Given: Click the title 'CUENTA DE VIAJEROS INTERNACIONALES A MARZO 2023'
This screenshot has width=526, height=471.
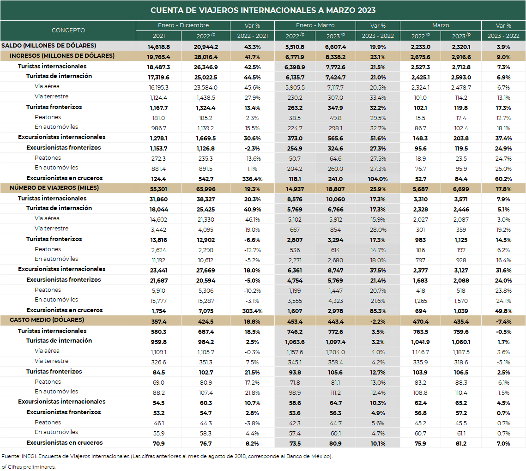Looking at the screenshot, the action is pyautogui.click(x=263, y=10).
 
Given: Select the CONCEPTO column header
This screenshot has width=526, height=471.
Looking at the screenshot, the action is pyautogui.click(x=68, y=30).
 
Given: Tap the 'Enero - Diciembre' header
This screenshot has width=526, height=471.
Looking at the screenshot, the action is pyautogui.click(x=183, y=25).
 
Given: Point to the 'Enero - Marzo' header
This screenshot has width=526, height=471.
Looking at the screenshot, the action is pyautogui.click(x=315, y=25).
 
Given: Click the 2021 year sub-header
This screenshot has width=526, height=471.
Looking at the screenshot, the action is pyautogui.click(x=159, y=36).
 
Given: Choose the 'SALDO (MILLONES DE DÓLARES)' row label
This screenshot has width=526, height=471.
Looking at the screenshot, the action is pyautogui.click(x=48, y=46).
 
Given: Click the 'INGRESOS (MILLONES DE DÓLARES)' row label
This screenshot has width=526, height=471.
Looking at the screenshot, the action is pyautogui.click(x=62, y=56).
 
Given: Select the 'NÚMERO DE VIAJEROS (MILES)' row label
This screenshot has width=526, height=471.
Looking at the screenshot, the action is pyautogui.click(x=54, y=188).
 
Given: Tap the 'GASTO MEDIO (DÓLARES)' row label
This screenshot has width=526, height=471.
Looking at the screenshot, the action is pyautogui.click(x=47, y=320).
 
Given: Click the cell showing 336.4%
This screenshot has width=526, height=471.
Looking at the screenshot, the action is pyautogui.click(x=252, y=179).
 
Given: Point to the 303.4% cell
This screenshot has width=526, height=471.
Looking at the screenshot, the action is pyautogui.click(x=252, y=311).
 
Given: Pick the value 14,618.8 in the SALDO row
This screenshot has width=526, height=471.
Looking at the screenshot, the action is pyautogui.click(x=159, y=47).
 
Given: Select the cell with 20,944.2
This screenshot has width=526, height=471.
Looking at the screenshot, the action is pyautogui.click(x=206, y=47).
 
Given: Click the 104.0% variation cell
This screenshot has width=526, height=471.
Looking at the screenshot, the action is pyautogui.click(x=378, y=179).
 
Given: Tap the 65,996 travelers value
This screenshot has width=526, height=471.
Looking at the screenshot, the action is pyautogui.click(x=206, y=189).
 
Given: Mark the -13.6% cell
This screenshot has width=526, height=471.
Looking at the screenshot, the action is pyautogui.click(x=252, y=159).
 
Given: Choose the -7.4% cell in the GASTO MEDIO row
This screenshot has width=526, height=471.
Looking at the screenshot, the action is pyautogui.click(x=503, y=322).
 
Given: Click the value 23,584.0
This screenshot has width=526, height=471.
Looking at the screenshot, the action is pyautogui.click(x=206, y=88).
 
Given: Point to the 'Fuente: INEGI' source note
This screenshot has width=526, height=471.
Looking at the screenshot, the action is pyautogui.click(x=167, y=456).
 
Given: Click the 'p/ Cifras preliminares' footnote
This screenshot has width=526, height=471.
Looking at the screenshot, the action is pyautogui.click(x=29, y=467).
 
